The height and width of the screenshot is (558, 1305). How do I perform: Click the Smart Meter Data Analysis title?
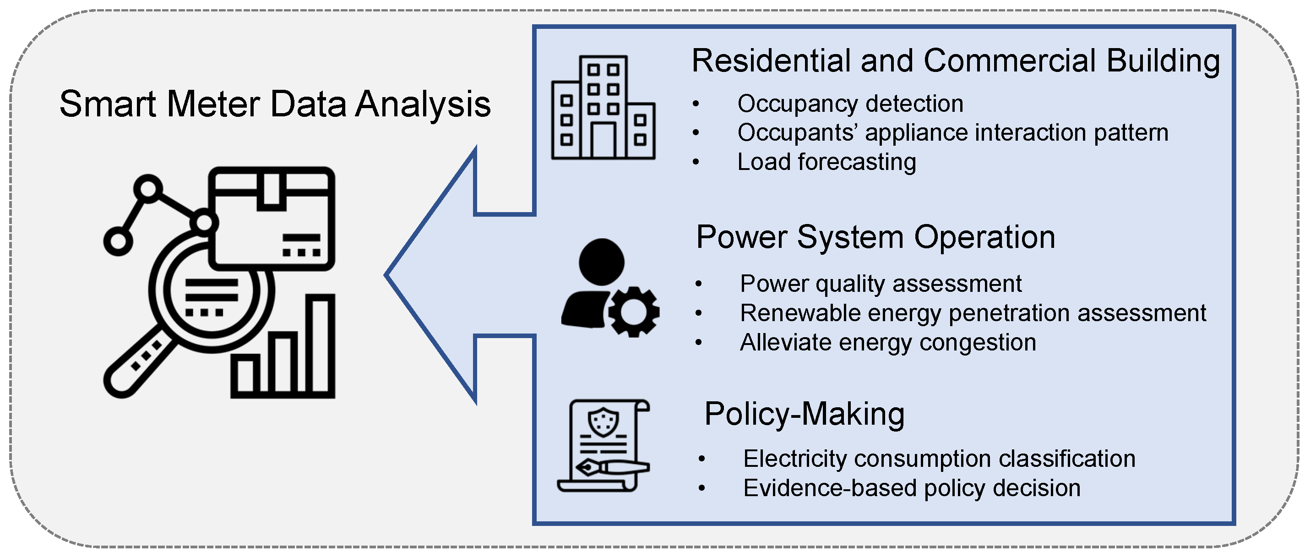[275, 104]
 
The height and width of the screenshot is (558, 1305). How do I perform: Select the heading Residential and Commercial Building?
[955, 61]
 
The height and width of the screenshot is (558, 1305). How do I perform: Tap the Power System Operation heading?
[875, 237]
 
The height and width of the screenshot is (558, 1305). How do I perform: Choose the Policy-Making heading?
[804, 414]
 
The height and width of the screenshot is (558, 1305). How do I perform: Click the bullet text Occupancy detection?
[850, 104]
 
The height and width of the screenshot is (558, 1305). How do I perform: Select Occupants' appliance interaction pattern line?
[952, 133]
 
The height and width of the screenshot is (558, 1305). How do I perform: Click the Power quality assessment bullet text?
[881, 284]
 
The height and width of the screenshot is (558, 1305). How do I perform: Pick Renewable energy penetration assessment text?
[973, 313]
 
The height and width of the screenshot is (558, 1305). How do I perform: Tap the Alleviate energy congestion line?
[887, 343]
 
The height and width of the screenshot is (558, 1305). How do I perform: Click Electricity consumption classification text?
[939, 459]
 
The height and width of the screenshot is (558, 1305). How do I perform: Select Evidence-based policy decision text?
[911, 488]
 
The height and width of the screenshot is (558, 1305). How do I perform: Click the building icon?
[603, 108]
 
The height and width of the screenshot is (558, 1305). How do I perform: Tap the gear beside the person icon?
[633, 312]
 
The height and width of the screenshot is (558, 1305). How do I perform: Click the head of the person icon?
[601, 262]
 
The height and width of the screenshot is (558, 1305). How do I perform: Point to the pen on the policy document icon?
[613, 467]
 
